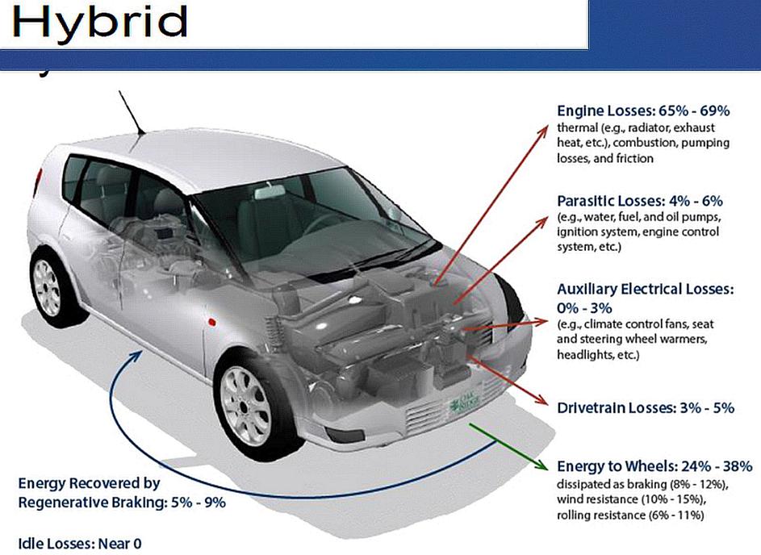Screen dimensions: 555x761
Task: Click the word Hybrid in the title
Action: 99,24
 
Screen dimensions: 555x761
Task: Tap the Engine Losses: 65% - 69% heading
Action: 643,111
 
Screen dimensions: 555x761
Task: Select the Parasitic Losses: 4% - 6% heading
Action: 639,201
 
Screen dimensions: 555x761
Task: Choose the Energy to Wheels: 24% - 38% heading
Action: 654,466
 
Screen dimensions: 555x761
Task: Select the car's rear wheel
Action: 47,286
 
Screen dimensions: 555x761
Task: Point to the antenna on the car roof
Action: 131,112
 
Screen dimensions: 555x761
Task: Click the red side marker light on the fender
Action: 213,320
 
